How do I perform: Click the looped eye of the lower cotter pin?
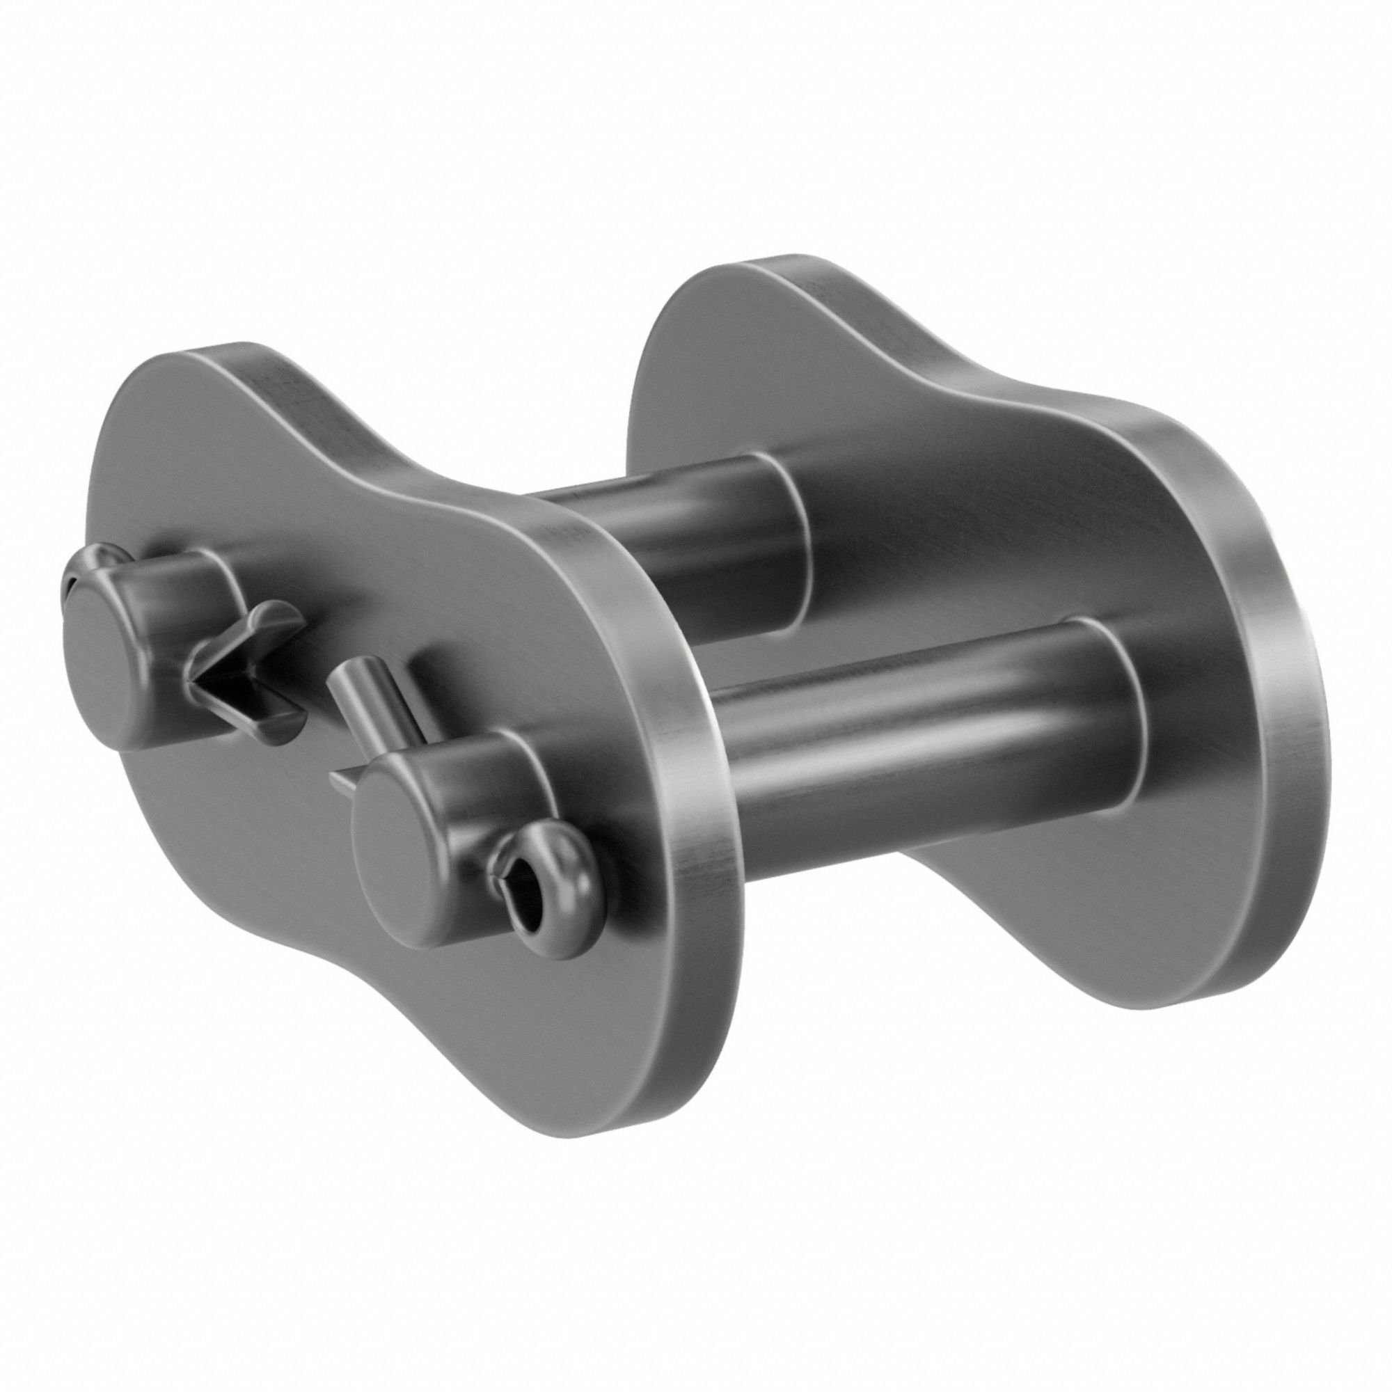[x=548, y=889]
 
